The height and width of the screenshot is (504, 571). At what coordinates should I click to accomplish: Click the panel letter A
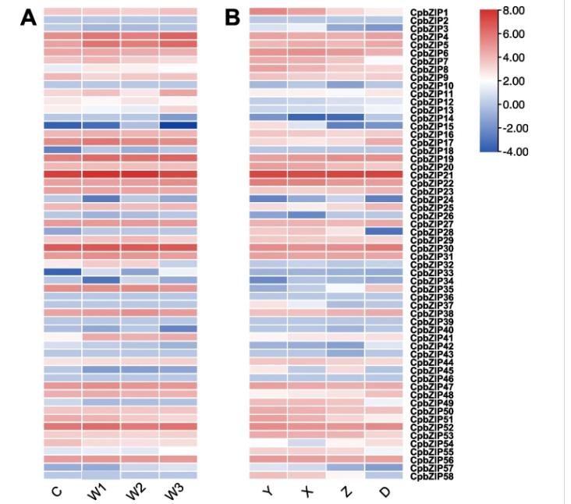coord(29,17)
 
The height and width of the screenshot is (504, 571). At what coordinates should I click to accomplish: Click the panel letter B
coord(232,17)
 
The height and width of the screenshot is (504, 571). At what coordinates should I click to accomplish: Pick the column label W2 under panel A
coord(137,492)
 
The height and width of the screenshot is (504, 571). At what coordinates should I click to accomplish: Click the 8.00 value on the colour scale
coord(516,11)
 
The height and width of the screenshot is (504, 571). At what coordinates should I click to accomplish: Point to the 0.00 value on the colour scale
coord(516,104)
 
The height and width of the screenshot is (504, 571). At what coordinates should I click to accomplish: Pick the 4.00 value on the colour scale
coord(516,57)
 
